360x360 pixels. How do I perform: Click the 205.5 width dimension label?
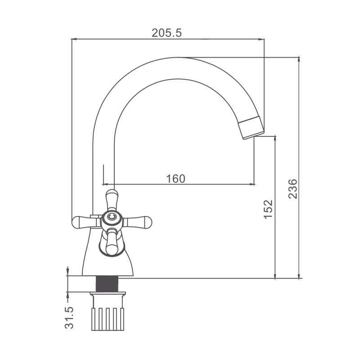pyautogui.click(x=166, y=33)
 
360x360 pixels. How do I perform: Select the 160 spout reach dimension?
pyautogui.click(x=175, y=179)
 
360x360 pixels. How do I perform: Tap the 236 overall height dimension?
pyautogui.click(x=293, y=189)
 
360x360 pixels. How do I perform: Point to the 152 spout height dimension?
pyautogui.click(x=268, y=209)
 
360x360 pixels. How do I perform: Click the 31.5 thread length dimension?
pyautogui.click(x=69, y=318)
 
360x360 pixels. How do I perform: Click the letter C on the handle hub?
pyautogui.click(x=112, y=217)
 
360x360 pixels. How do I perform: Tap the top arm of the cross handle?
pyautogui.click(x=112, y=200)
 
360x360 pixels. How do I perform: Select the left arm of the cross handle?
pyautogui.click(x=86, y=222)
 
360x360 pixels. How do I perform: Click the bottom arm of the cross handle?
pyautogui.click(x=112, y=242)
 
